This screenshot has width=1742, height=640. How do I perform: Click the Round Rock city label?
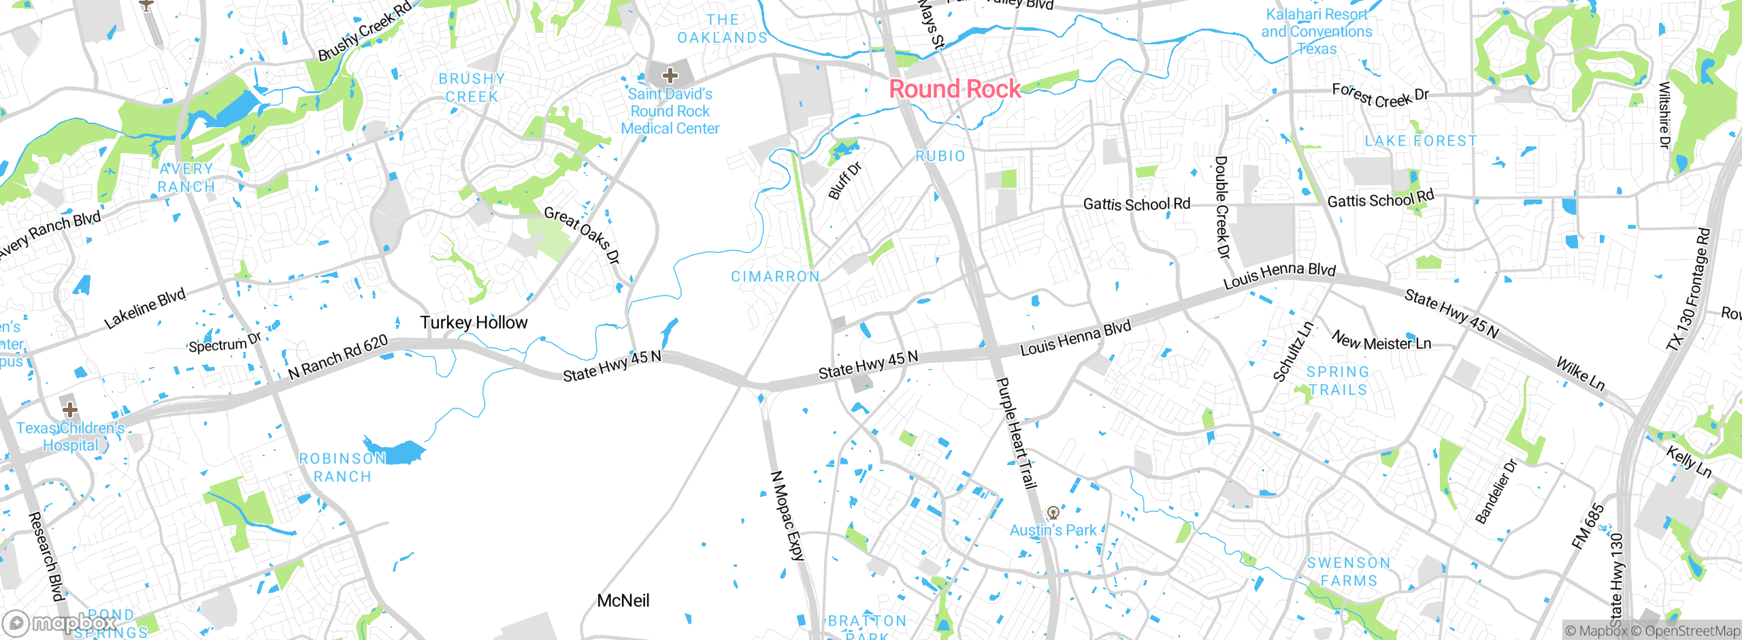tap(955, 89)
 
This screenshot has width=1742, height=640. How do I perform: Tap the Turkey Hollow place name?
tap(474, 323)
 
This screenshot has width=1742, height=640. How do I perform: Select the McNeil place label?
tap(623, 601)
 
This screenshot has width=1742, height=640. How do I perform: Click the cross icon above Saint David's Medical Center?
tap(670, 76)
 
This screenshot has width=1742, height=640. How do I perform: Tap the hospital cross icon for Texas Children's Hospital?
tap(69, 410)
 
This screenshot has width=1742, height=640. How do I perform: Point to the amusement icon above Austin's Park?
tap(1053, 513)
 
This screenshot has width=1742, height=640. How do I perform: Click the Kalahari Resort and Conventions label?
tap(1317, 32)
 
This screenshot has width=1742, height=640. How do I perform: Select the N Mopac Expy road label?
tap(788, 515)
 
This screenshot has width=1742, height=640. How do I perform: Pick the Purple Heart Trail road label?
tap(1016, 433)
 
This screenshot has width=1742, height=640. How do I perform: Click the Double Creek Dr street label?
tap(1222, 208)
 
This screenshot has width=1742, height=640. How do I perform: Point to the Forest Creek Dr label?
tap(1380, 96)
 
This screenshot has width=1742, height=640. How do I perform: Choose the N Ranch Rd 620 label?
tap(338, 357)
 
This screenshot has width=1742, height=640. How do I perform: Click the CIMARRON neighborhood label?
tap(775, 276)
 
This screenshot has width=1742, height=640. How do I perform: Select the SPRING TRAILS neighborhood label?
tap(1338, 381)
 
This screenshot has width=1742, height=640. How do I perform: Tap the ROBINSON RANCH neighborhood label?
tap(342, 468)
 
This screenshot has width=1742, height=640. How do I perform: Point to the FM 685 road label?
tap(1588, 526)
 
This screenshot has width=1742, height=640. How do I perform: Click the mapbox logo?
tap(58, 623)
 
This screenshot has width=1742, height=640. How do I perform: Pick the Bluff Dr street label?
tap(844, 180)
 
